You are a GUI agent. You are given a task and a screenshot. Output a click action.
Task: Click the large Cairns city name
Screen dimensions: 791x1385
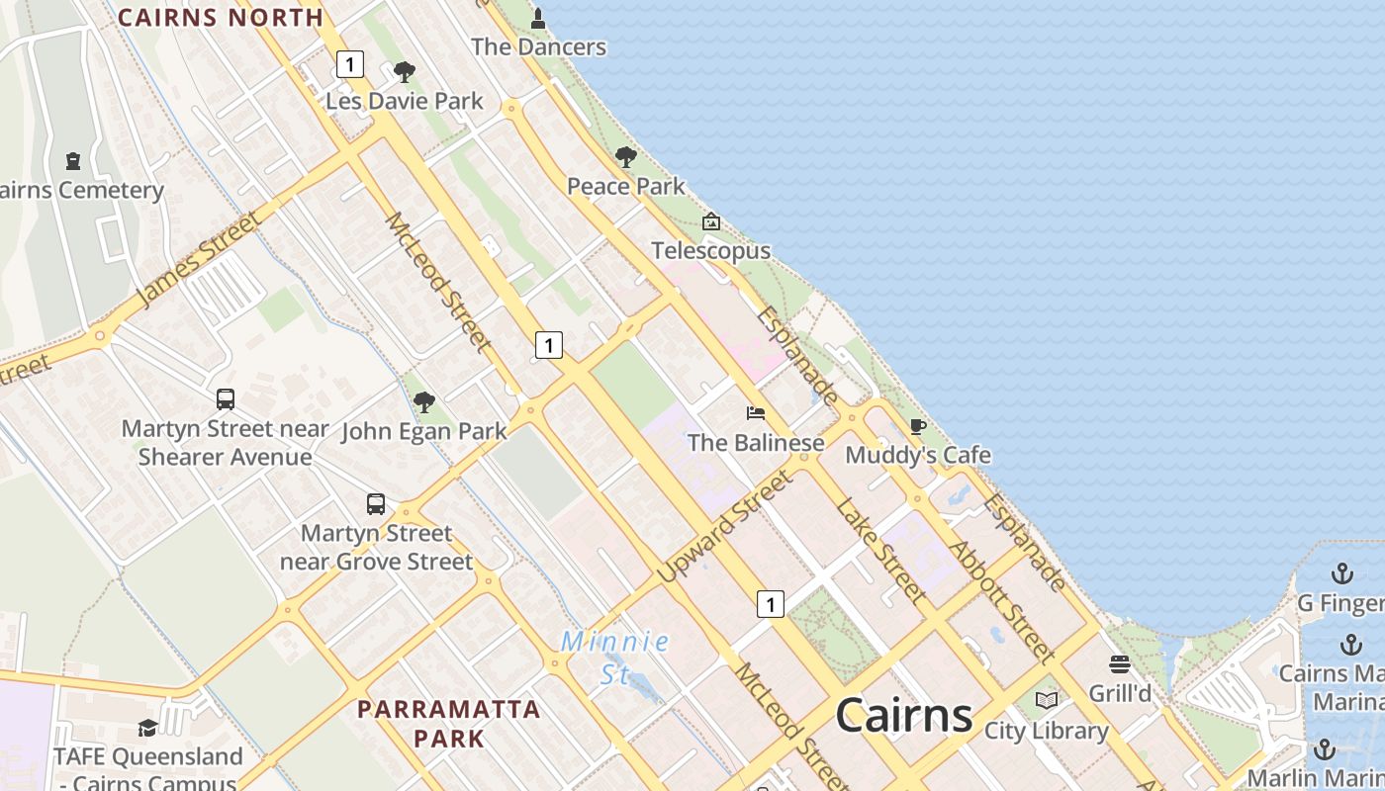pyautogui.click(x=904, y=715)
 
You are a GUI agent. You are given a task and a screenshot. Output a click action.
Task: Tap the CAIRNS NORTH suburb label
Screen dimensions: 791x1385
pyautogui.click(x=221, y=17)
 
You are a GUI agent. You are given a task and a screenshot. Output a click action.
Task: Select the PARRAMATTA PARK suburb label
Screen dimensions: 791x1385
pyautogui.click(x=449, y=723)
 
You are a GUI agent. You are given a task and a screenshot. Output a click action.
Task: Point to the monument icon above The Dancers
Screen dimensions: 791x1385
pyautogui.click(x=538, y=19)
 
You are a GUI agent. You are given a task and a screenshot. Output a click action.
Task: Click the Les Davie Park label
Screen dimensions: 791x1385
pyautogui.click(x=405, y=101)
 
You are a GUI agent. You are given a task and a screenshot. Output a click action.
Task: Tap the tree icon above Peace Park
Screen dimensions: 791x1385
pyautogui.click(x=625, y=157)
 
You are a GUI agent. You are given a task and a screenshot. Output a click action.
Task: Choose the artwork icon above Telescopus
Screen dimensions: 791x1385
pyautogui.click(x=710, y=221)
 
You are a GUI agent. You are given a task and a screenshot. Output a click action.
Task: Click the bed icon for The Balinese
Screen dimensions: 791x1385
pyautogui.click(x=756, y=412)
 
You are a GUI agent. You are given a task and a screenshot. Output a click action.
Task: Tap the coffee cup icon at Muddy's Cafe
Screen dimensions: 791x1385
pyautogui.click(x=918, y=426)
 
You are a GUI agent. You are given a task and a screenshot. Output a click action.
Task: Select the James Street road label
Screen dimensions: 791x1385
pyautogui.click(x=197, y=258)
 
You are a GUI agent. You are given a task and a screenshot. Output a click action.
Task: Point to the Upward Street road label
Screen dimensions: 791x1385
pyautogui.click(x=725, y=525)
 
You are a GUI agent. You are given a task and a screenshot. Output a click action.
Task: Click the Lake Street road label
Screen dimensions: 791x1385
pyautogui.click(x=880, y=551)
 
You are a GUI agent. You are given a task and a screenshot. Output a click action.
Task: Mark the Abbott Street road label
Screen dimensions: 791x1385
pyautogui.click(x=999, y=600)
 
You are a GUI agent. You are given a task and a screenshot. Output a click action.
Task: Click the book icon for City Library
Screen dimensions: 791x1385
pyautogui.click(x=1046, y=701)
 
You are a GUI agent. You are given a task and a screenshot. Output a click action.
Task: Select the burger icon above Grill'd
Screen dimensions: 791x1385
pyautogui.click(x=1120, y=663)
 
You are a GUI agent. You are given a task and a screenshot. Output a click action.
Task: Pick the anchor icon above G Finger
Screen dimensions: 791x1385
pyautogui.click(x=1341, y=573)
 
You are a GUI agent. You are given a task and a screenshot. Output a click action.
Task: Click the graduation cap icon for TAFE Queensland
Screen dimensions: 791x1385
pyautogui.click(x=147, y=728)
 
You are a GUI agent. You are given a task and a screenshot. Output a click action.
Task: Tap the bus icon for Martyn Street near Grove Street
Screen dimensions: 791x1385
pyautogui.click(x=376, y=503)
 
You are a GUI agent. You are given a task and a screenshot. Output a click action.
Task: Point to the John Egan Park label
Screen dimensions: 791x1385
pyautogui.click(x=424, y=432)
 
